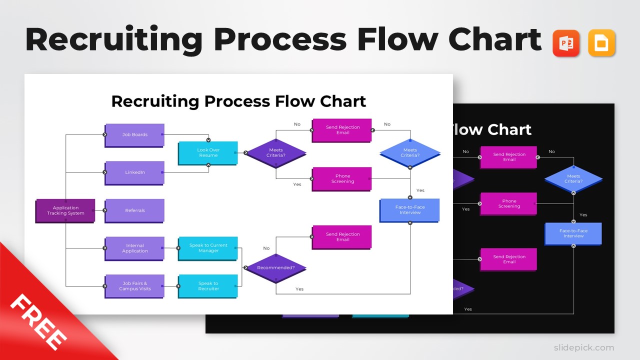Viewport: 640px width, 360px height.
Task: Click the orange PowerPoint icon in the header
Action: (x=566, y=43)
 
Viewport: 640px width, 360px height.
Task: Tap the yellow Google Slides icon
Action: (x=601, y=43)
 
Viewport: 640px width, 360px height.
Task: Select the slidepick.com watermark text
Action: (x=583, y=347)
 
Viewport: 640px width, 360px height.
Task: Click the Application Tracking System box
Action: (x=65, y=210)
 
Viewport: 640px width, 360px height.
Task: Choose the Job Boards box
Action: (x=134, y=135)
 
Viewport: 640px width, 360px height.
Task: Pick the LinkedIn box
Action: (x=134, y=172)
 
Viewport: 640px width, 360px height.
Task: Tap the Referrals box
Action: (x=134, y=210)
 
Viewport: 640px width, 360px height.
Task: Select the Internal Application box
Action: (x=134, y=248)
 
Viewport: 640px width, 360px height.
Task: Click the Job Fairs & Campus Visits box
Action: (x=134, y=286)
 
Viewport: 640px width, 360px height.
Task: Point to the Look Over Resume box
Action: (x=208, y=153)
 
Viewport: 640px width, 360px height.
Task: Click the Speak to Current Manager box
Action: (x=208, y=248)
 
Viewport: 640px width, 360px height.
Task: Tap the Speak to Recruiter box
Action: (x=208, y=286)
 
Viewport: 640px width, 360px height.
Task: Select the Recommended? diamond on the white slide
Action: (x=275, y=268)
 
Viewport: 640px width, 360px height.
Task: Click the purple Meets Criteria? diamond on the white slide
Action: (x=275, y=153)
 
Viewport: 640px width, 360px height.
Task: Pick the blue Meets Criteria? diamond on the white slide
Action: (x=410, y=153)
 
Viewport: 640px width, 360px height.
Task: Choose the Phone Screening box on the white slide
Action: (x=342, y=179)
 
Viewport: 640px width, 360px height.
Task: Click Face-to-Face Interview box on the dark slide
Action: (x=573, y=233)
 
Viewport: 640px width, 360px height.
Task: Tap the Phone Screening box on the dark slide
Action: (x=508, y=204)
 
